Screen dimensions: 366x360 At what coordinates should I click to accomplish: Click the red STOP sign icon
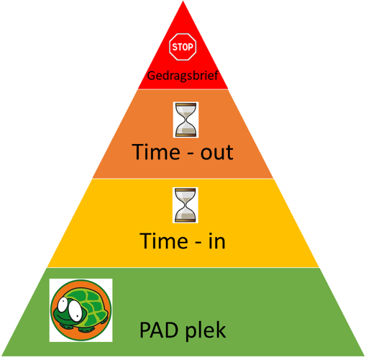click(183, 47)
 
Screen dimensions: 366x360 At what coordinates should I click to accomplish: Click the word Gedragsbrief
click(183, 76)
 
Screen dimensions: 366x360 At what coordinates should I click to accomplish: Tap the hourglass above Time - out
click(186, 120)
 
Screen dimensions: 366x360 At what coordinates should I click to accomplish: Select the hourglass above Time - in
click(186, 205)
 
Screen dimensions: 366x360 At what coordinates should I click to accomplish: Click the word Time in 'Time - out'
click(156, 152)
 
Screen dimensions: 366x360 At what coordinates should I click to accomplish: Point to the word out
click(216, 153)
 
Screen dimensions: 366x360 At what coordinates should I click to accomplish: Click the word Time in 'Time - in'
click(164, 240)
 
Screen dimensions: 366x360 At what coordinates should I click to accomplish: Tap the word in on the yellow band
click(217, 240)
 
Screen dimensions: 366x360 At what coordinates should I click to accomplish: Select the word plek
click(206, 330)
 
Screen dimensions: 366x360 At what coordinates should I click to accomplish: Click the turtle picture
click(81, 310)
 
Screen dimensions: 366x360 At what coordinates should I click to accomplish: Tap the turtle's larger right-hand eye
click(76, 310)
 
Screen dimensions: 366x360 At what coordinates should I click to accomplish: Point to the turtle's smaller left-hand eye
click(63, 305)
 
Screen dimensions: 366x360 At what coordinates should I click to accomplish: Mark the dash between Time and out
click(191, 153)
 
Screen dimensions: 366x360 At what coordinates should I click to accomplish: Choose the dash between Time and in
click(198, 242)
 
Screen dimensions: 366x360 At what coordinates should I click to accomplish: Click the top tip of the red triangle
click(183, 1)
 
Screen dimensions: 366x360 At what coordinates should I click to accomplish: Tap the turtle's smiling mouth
click(63, 318)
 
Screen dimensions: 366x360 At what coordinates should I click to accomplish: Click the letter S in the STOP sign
click(175, 47)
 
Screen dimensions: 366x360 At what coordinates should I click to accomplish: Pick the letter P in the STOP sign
click(191, 47)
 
